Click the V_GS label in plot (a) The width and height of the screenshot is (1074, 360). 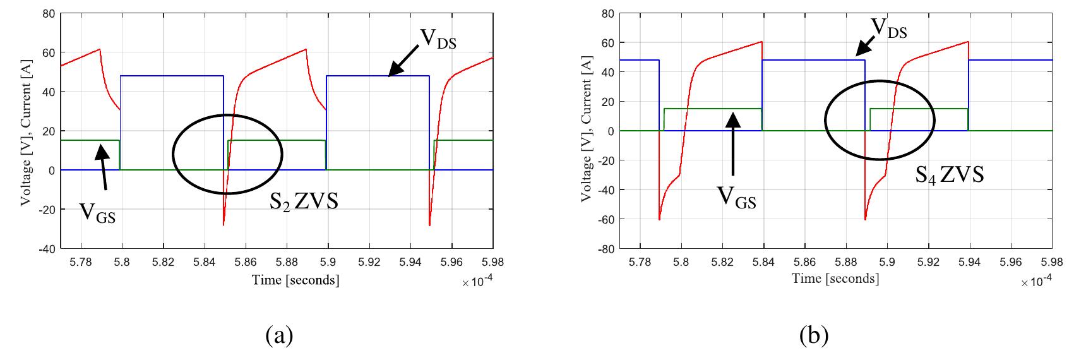point(97,212)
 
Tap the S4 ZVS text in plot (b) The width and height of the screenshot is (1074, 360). point(950,174)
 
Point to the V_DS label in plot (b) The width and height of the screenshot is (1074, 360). point(888,28)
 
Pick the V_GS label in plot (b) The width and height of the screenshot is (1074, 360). point(736,197)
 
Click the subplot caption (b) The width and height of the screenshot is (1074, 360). point(813,335)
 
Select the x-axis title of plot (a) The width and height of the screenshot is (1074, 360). point(295,279)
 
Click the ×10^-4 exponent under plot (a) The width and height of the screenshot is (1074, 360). point(477,282)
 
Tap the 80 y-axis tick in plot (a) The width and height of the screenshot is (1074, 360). point(49,13)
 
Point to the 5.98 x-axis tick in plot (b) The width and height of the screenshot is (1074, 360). point(1051,261)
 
